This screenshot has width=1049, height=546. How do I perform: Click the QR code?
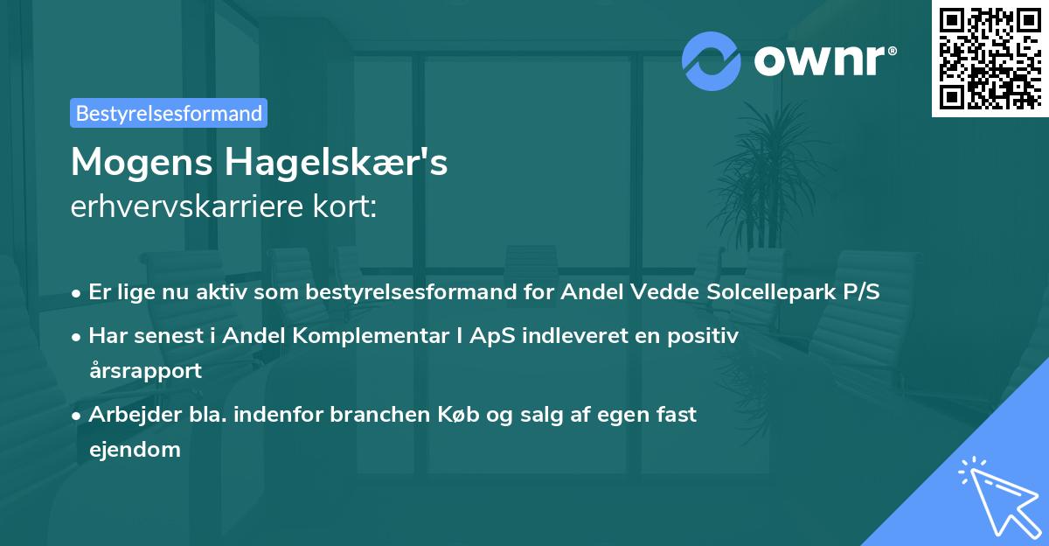click(989, 57)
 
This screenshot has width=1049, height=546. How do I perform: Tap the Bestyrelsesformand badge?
click(169, 113)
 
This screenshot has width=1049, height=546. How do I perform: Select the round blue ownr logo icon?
click(712, 60)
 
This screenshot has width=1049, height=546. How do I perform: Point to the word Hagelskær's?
click(337, 163)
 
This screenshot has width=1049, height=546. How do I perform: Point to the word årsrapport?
click(145, 370)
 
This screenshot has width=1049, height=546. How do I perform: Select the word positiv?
click(704, 335)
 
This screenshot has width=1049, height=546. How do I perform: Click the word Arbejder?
click(128, 414)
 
